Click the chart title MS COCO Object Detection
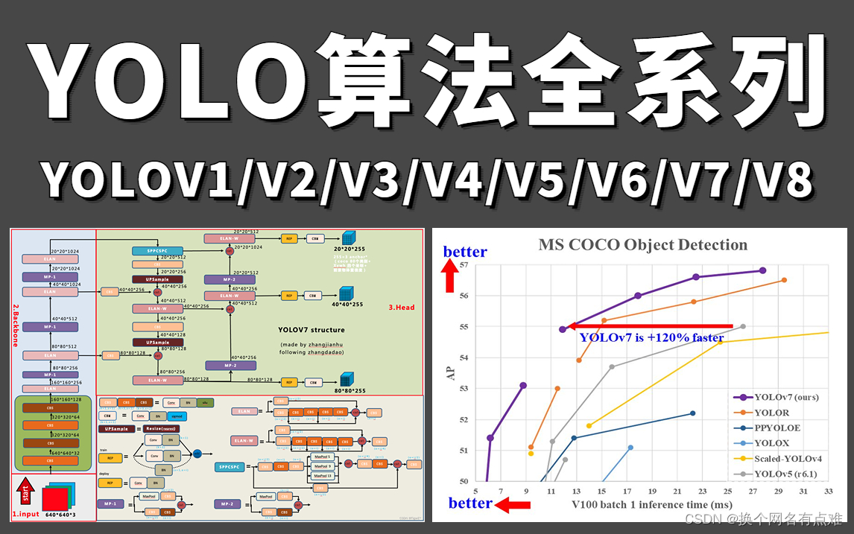[643, 245]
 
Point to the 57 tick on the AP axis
[464, 265]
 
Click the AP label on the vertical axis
[451, 372]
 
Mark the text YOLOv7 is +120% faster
[651, 337]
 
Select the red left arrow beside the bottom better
[513, 506]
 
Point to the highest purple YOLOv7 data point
[762, 270]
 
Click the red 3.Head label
[401, 307]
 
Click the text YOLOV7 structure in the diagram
[311, 329]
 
